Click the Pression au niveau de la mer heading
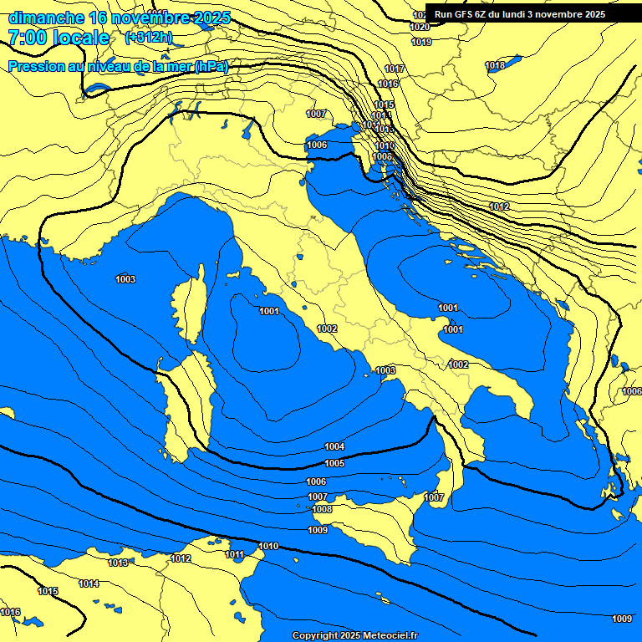tap(117, 67)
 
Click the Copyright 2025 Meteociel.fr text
tap(355, 635)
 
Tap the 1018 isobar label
tap(495, 66)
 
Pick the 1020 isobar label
tap(420, 28)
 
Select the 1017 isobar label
tap(395, 69)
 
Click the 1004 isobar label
tap(334, 446)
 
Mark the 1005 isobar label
tap(334, 463)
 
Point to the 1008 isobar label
tap(322, 510)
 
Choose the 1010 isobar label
tap(268, 546)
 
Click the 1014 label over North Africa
tap(89, 583)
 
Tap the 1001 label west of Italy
tap(269, 312)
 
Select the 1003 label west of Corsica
tap(125, 279)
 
